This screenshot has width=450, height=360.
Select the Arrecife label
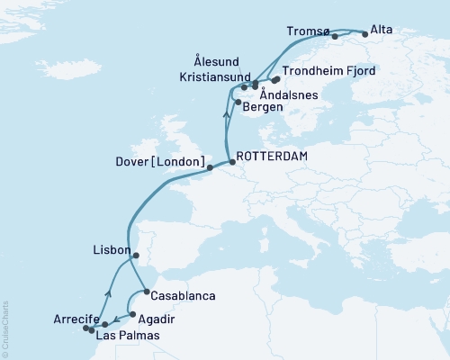pyautogui.click(x=58, y=319)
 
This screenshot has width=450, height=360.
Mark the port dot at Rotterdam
pyautogui.click(x=233, y=162)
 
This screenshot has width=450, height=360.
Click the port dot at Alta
pyautogui.click(x=364, y=33)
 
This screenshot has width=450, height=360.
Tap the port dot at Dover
pyautogui.click(x=209, y=167)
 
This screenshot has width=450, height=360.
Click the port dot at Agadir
pyautogui.click(x=133, y=315)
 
